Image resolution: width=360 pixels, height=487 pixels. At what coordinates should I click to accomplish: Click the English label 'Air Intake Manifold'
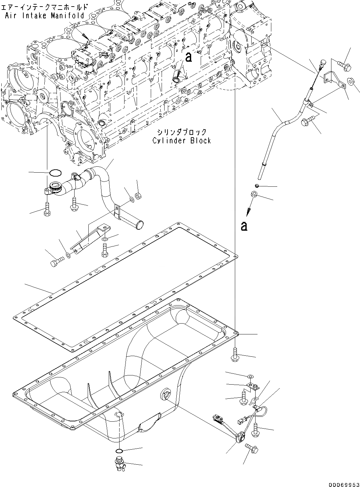[x=45, y=15]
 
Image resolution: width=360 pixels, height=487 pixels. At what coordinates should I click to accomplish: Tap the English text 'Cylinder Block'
[x=181, y=141]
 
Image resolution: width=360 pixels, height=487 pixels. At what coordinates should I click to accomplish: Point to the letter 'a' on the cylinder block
[x=188, y=57]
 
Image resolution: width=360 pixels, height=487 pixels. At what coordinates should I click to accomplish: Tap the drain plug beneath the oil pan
[x=119, y=463]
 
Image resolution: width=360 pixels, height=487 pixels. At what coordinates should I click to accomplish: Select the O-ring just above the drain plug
[x=120, y=451]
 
